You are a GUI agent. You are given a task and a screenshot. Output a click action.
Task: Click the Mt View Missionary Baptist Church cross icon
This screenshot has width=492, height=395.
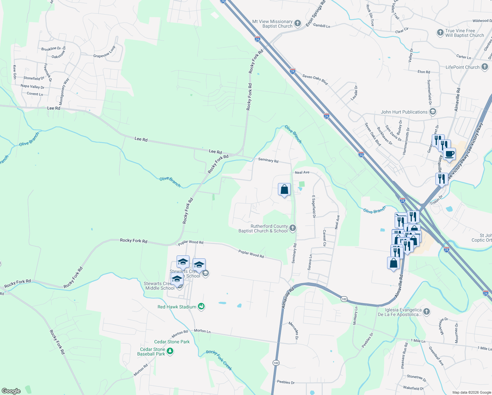pos(298,23)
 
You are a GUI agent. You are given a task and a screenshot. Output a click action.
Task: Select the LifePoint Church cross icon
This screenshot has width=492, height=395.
pos(484,67)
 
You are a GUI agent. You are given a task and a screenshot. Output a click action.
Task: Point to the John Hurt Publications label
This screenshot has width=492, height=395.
pos(404,112)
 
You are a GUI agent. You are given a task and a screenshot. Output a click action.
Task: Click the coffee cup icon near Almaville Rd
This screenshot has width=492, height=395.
pos(449,154)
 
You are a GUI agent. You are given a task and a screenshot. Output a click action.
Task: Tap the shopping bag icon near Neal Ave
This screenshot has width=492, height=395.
pos(284,190)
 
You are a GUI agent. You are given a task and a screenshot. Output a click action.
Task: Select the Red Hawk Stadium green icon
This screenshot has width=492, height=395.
pos(202,307)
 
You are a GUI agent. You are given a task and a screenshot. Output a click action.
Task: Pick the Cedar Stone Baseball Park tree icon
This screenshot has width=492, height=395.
pos(170,352)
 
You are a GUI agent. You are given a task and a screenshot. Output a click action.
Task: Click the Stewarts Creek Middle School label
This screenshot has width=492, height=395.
pos(160,286)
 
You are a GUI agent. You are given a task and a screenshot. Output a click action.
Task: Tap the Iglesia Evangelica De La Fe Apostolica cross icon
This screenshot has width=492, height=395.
pos(427,312)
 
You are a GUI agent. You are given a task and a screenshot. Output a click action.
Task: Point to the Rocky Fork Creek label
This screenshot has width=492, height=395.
pos(219,360)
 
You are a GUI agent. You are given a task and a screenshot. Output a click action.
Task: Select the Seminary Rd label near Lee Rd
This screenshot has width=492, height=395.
pos(268,160)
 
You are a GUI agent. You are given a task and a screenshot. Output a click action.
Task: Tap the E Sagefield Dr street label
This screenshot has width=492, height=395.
pos(314,206)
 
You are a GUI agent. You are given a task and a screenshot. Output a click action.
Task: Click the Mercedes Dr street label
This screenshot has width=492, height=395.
pos(293,330)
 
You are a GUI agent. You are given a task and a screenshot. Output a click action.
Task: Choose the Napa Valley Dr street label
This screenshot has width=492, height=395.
pos(32,87)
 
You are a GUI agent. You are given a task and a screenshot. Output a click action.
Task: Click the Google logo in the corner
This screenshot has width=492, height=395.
pos(11,391)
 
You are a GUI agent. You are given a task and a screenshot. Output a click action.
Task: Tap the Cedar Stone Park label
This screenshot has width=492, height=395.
pos(172,342)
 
